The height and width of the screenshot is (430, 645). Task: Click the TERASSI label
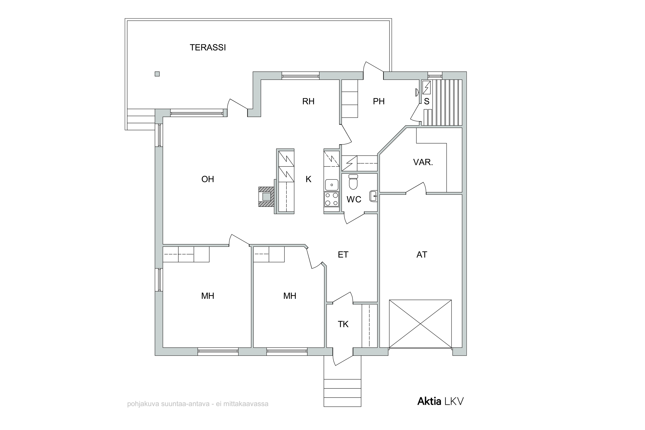(x=208, y=48)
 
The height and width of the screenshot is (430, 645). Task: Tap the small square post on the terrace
(x=157, y=74)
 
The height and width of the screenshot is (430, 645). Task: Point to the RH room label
(x=308, y=101)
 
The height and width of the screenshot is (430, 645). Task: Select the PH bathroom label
(x=379, y=101)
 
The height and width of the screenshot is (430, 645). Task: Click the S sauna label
(x=427, y=101)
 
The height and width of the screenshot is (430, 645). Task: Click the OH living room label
(x=208, y=179)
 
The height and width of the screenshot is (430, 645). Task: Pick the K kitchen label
(x=309, y=179)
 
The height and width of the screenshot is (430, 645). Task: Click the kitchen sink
(x=332, y=185)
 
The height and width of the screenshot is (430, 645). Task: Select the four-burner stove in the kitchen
(x=332, y=199)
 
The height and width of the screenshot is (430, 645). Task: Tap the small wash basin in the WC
(x=373, y=196)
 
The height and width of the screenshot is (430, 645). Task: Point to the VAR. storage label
(x=423, y=162)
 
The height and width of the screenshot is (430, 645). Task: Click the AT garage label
(x=422, y=255)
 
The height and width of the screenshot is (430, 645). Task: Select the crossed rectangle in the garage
(x=420, y=324)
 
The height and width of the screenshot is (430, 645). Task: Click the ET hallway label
(x=343, y=255)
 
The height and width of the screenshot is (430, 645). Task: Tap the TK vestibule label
(x=343, y=324)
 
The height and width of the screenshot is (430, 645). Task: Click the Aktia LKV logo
(x=440, y=401)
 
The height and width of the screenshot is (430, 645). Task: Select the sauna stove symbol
(x=426, y=88)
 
